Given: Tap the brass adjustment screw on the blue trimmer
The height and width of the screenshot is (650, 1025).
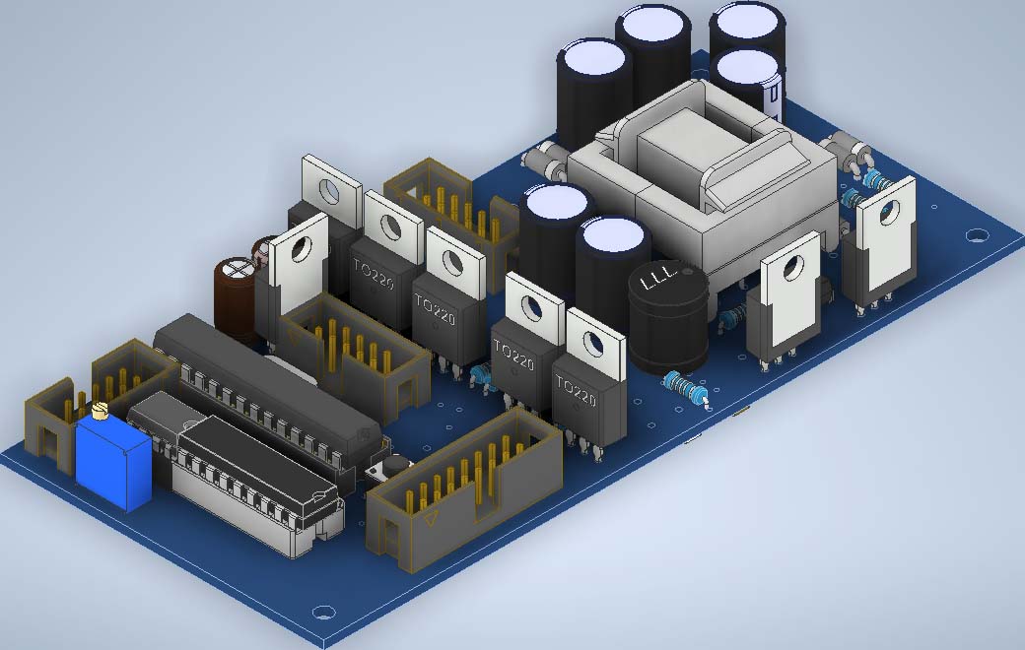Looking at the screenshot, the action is [100, 412].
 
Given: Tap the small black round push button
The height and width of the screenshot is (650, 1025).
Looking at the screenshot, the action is [394, 465].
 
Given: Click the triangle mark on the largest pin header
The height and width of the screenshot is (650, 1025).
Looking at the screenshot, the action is [430, 520].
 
